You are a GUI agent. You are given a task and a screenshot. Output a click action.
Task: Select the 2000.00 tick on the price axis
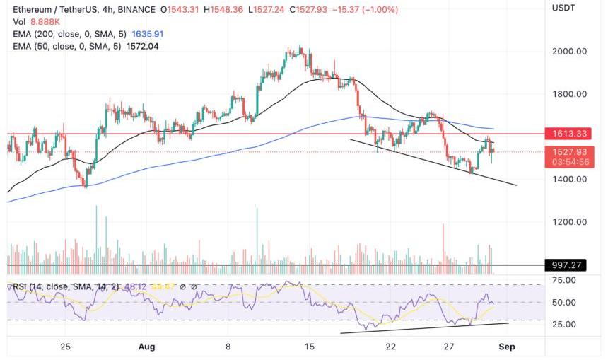569,52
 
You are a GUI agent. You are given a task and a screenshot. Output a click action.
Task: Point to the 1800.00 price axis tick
569,94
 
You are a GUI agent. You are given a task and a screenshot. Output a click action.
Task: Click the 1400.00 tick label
569,179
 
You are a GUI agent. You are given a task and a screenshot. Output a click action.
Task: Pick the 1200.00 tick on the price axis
569,221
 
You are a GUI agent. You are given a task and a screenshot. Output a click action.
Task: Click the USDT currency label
563,8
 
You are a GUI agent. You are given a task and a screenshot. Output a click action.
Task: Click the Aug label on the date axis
146,347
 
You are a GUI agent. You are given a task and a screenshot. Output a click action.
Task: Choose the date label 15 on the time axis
309,347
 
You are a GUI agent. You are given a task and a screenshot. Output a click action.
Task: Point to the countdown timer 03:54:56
569,161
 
